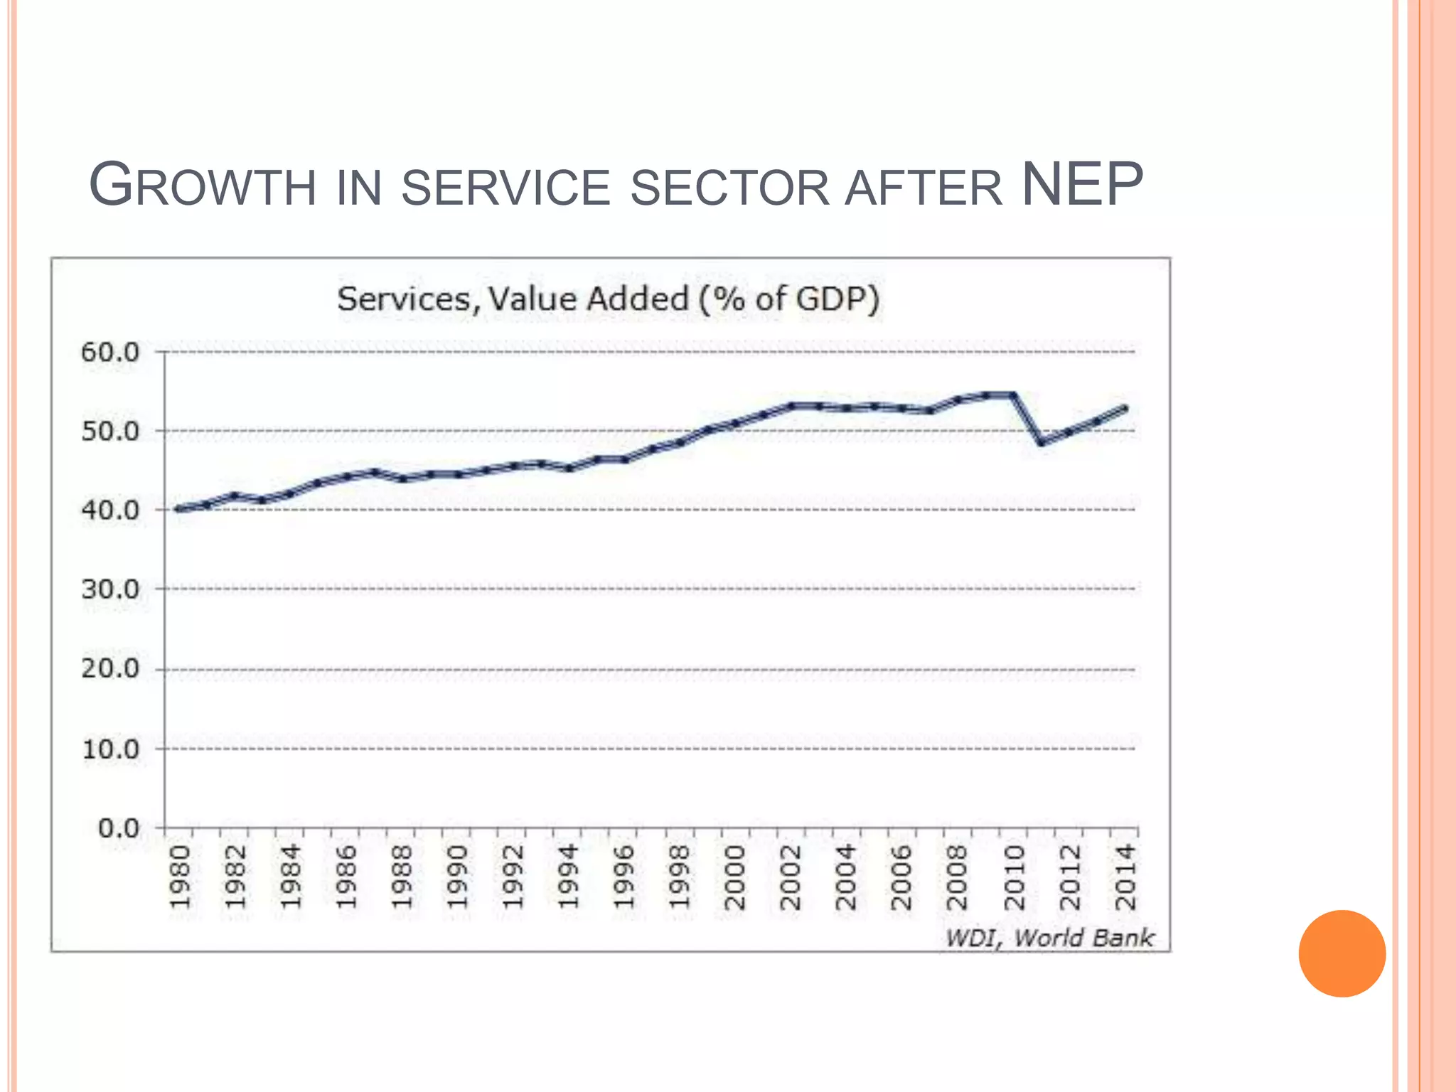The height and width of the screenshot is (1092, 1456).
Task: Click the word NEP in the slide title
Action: pos(1081,185)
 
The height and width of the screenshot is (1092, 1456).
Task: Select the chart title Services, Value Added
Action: pos(608,299)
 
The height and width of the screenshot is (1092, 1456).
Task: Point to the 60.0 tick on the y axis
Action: pos(110,352)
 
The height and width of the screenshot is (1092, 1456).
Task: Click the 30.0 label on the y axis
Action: pos(110,589)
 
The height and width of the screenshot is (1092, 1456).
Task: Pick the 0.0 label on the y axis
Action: pos(119,828)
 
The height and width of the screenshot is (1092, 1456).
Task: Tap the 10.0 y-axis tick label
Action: pos(110,749)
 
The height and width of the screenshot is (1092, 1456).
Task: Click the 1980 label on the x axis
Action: pos(181,877)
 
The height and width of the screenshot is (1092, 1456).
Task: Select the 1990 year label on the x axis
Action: pos(458,877)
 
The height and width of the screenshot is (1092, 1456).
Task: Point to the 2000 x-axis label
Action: pos(735,877)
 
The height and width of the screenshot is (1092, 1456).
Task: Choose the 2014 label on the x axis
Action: pos(1126,877)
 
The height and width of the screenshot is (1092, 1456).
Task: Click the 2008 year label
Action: pos(958,877)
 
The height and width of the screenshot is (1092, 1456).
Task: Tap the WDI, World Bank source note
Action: pos(1049,938)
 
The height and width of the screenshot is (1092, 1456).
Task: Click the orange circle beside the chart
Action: pos(1342,953)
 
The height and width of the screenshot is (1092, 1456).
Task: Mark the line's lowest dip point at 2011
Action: pos(1042,442)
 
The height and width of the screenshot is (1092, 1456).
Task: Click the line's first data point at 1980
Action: pos(179,508)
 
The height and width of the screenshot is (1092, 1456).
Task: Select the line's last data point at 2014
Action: pos(1125,409)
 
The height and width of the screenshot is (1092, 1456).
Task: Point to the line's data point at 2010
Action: pos(1014,395)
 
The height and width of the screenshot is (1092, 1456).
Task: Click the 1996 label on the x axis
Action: pos(624,877)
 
